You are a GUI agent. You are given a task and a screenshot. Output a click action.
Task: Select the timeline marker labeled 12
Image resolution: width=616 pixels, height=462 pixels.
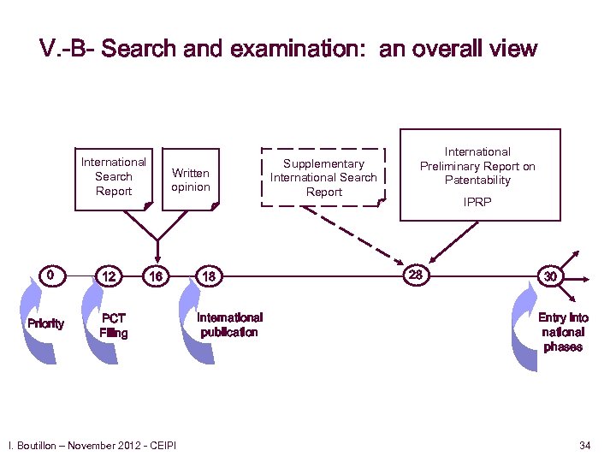(x=109, y=276)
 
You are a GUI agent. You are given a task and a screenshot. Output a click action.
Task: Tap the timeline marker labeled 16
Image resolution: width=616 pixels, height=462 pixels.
(x=155, y=276)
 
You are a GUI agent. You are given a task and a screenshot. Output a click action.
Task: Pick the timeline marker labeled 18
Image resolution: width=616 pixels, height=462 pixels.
(x=209, y=276)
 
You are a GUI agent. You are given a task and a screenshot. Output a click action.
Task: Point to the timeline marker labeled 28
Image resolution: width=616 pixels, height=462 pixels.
(x=416, y=275)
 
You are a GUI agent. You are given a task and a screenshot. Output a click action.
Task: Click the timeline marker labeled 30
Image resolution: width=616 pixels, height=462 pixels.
(x=550, y=276)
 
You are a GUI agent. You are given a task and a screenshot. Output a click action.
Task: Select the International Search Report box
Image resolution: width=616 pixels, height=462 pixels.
(x=114, y=176)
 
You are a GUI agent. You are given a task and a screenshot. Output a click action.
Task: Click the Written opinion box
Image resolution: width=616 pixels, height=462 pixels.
(x=190, y=180)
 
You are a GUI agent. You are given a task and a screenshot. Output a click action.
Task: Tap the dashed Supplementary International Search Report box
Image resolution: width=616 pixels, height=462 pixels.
(x=323, y=178)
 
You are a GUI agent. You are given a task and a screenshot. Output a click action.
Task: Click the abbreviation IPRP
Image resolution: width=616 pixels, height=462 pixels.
(x=477, y=203)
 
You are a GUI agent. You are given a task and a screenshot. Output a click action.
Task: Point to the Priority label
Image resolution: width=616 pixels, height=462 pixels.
(x=45, y=323)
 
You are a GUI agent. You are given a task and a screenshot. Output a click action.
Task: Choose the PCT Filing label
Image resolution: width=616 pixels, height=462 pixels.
(x=113, y=326)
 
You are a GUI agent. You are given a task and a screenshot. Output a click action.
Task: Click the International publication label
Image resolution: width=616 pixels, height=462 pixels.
(x=229, y=325)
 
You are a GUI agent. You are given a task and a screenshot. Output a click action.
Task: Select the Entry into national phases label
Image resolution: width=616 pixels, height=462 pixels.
(x=563, y=332)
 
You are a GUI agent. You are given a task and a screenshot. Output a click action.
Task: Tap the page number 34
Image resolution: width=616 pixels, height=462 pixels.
(x=585, y=445)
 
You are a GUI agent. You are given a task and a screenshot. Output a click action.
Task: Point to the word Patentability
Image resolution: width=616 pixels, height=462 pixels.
(x=477, y=181)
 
